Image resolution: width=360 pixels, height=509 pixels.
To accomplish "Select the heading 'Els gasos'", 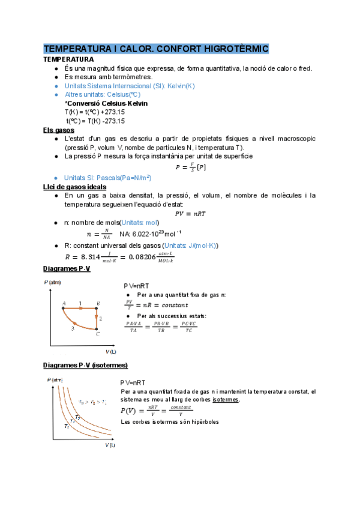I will (x=58, y=130).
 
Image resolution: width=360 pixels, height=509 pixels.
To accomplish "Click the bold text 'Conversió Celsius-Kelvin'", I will (x=106, y=103).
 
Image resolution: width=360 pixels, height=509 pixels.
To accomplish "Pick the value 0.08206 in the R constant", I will (x=143, y=256).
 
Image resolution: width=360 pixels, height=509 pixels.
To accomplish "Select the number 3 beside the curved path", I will (x=73, y=328).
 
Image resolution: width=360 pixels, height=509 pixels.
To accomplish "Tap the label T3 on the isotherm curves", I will (x=77, y=417).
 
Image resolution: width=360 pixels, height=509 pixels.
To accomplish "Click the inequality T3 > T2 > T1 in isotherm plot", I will (x=94, y=401).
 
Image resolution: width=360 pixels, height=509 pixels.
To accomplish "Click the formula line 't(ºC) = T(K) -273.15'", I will (x=95, y=121).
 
